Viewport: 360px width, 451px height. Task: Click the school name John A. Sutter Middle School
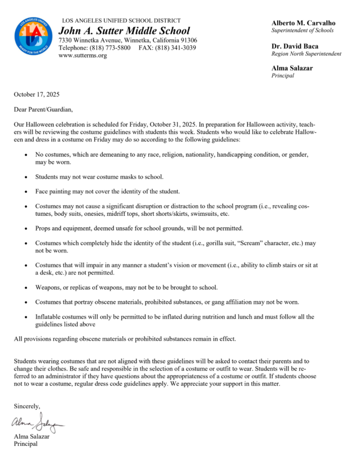[124, 31]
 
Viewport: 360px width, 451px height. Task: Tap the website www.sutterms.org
[82, 56]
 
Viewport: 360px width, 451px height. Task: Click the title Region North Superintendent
[306, 54]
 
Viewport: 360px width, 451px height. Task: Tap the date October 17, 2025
[37, 94]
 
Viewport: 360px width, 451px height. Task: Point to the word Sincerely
[27, 405]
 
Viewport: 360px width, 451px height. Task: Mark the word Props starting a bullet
[44, 228]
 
